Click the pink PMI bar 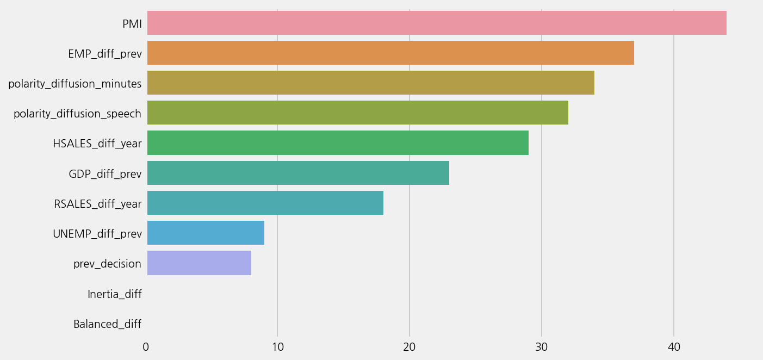pos(437,23)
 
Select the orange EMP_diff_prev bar pos(390,53)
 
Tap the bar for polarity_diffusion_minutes pos(370,83)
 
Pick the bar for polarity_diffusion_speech pos(357,113)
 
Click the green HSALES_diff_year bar pos(338,142)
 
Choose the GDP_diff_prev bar pos(298,173)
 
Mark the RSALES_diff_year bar pos(265,203)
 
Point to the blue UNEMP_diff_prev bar pos(206,233)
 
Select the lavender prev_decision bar pos(199,263)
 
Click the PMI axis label pos(132,24)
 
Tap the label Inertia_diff pos(114,294)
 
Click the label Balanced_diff pos(107,324)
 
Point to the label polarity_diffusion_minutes pos(75,84)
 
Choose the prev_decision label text pos(107,264)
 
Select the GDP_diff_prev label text pos(105,174)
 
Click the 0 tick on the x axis pos(146,347)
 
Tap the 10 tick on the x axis pos(277,347)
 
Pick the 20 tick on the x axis pos(410,347)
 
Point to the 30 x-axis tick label pos(542,347)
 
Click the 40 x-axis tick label pos(674,347)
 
